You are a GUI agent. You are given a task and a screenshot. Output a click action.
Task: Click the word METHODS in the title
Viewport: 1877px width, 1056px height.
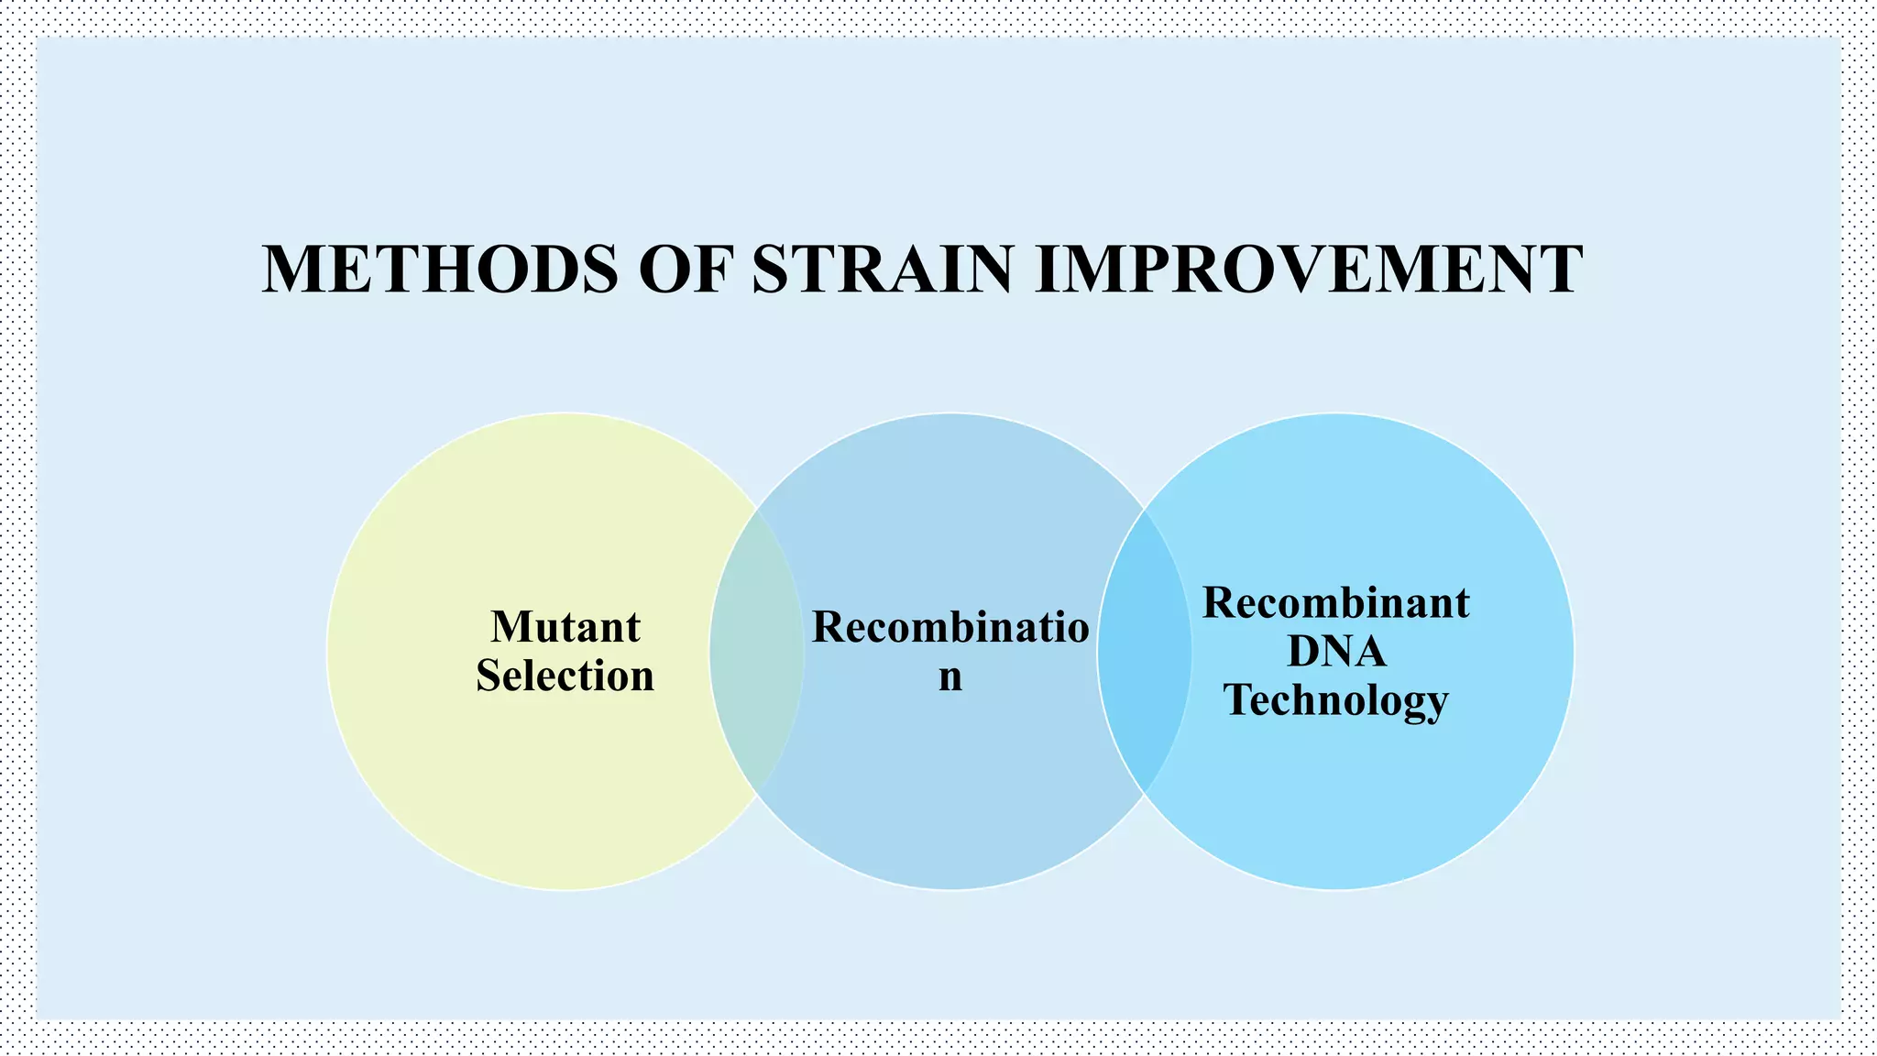point(440,269)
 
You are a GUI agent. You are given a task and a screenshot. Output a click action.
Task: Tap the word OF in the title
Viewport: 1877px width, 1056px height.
point(687,269)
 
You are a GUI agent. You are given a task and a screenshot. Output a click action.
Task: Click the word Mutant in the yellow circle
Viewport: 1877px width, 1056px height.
point(565,628)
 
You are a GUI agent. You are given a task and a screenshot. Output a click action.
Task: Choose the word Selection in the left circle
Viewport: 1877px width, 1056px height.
point(565,676)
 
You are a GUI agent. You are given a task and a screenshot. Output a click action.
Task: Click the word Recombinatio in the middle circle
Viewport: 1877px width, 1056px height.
point(950,628)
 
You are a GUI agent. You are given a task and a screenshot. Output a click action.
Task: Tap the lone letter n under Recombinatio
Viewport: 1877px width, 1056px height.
point(950,678)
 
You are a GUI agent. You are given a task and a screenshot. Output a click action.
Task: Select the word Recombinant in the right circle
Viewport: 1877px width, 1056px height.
point(1335,603)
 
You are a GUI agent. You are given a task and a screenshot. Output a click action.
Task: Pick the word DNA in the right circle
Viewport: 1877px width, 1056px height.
point(1336,652)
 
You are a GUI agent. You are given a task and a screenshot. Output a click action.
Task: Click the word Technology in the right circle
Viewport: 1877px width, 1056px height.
point(1336,700)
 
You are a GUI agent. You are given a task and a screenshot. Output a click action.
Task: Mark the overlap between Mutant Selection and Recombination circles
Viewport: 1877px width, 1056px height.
point(757,651)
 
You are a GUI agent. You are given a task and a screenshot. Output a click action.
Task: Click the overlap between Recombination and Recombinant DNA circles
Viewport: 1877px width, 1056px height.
point(1144,651)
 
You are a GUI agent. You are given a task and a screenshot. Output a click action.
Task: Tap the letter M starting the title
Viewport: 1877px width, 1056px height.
point(294,269)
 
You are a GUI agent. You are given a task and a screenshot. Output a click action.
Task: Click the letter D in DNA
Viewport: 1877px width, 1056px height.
point(1303,652)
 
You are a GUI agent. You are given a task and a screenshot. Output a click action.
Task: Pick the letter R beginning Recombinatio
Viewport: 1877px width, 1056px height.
point(829,628)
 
